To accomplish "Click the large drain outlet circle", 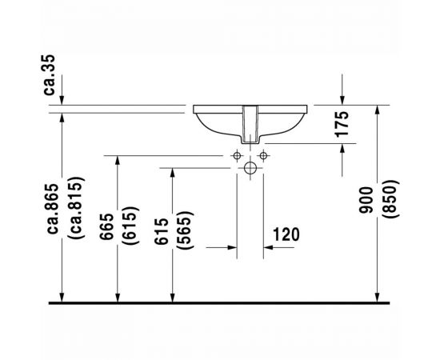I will [251, 168].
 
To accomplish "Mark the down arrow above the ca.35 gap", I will [61, 96].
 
